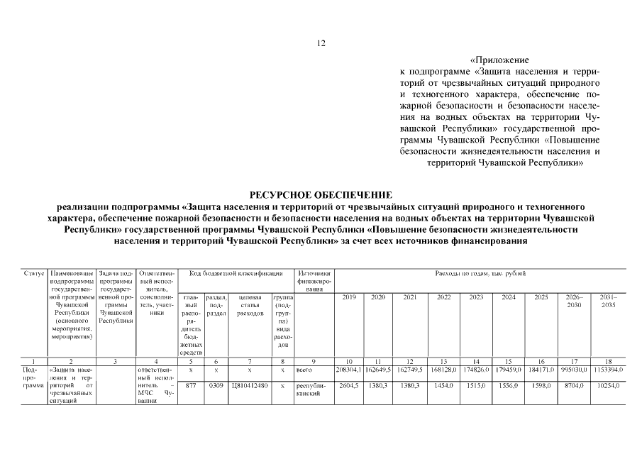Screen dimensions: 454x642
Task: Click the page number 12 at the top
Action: pos(321,44)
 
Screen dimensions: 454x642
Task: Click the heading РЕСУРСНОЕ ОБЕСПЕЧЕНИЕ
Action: pos(321,194)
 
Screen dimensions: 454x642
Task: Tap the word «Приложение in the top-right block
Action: pos(499,60)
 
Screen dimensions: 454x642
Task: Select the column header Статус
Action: pos(34,273)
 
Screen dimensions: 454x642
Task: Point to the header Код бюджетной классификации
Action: pos(236,273)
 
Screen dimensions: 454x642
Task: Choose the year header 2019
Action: pos(349,297)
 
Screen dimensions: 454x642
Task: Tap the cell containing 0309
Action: pos(216,385)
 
